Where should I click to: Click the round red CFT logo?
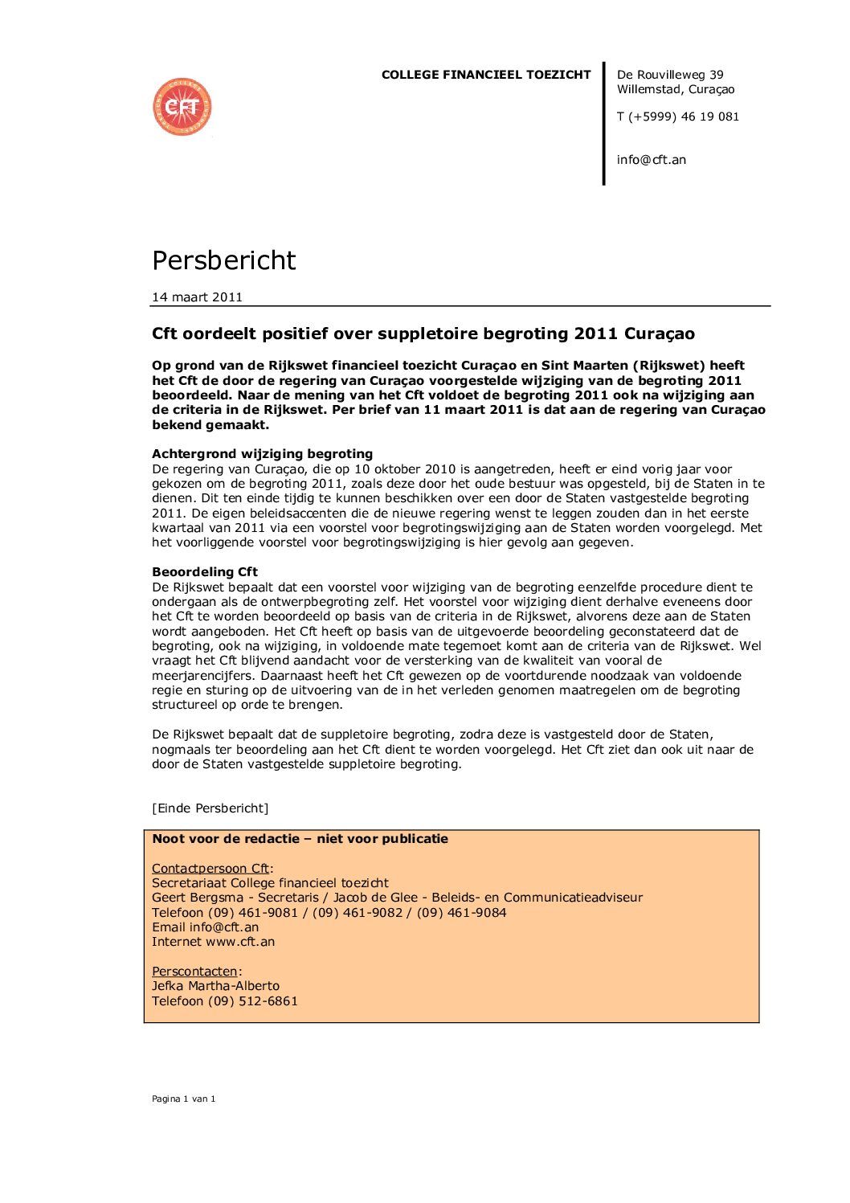[x=182, y=107]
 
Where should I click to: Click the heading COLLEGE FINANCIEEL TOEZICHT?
[x=485, y=75]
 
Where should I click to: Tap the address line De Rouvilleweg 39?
[x=669, y=75]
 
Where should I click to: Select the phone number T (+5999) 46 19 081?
[x=677, y=117]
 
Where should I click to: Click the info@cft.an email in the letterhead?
[x=651, y=160]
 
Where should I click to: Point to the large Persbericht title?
[x=223, y=260]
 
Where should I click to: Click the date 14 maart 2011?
[x=197, y=297]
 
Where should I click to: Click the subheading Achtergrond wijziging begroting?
[x=262, y=454]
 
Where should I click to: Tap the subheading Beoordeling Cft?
[x=205, y=572]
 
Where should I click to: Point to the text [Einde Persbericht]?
[x=210, y=808]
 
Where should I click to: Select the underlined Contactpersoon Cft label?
[x=210, y=869]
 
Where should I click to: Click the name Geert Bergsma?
[x=198, y=898]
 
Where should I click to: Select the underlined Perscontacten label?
[x=194, y=972]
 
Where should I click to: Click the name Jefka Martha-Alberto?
[x=215, y=986]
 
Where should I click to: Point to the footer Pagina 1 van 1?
[x=183, y=1099]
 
